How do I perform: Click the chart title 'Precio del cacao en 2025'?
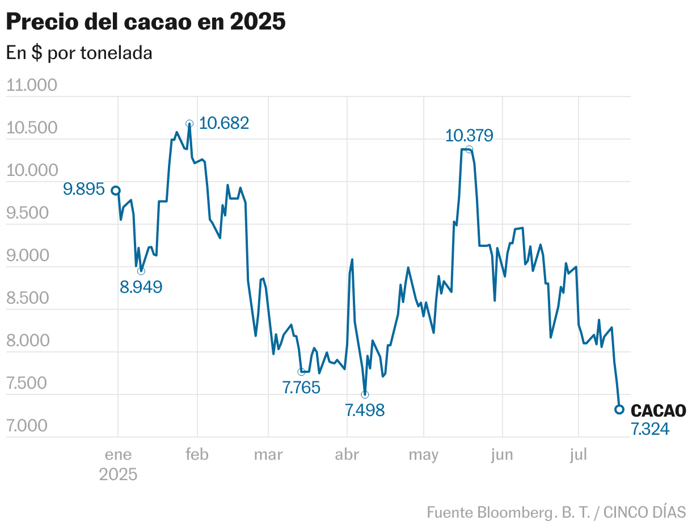coord(146,22)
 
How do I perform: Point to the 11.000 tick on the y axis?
coord(32,85)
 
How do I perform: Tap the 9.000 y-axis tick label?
coord(32,255)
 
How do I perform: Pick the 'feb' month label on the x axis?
coord(197,455)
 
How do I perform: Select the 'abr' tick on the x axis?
coord(346,455)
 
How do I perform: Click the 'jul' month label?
coord(578,455)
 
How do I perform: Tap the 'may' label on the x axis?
coord(423,455)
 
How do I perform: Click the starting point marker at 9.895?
coord(116,190)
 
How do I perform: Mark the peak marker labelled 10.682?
coord(189,123)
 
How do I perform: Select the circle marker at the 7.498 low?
coord(365,394)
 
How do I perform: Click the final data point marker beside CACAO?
coord(619,409)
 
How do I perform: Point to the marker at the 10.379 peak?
coord(469,149)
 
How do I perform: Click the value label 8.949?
coord(141,287)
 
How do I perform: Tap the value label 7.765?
coord(301,388)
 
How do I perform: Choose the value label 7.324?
coord(650,430)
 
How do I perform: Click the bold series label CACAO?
coord(658,410)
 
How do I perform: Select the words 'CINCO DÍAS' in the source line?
coord(644,512)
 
